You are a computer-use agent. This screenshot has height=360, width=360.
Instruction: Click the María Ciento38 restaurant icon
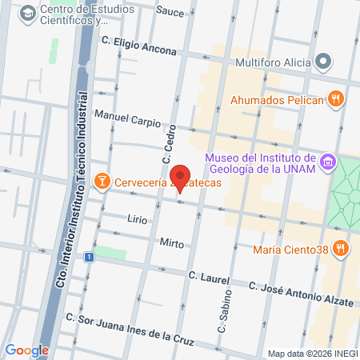(x=342, y=248)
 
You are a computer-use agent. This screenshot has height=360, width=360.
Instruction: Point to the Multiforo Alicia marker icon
(x=323, y=61)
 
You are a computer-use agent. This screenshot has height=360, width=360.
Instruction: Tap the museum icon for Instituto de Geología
(x=326, y=163)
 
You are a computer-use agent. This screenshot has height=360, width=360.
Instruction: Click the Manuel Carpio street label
(x=127, y=120)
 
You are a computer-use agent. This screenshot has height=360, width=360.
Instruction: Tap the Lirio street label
(x=137, y=218)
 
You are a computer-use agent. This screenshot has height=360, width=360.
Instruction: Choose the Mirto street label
(x=171, y=243)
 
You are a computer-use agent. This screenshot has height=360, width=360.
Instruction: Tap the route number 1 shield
(x=90, y=257)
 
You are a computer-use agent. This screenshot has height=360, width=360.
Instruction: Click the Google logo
(x=26, y=350)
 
